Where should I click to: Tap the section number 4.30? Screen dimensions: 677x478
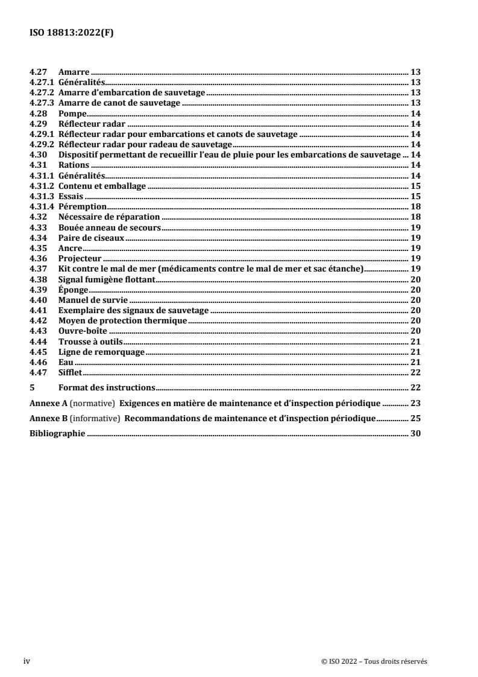coord(38,155)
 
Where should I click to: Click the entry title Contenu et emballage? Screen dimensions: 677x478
coord(102,186)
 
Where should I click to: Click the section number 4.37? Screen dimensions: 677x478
coord(38,269)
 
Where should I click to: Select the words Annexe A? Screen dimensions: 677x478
coord(46,402)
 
